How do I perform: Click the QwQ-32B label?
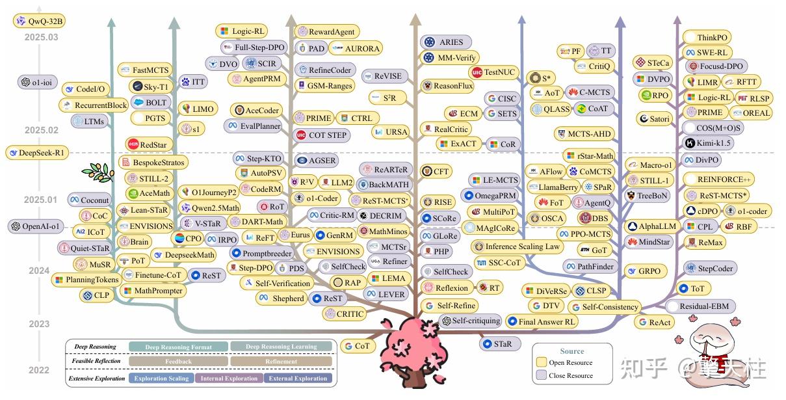tap(40, 21)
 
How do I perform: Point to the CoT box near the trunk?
tap(357, 346)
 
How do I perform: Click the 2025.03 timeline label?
tap(41, 37)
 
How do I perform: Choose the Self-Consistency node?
tap(604, 307)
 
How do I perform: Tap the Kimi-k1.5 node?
tap(713, 143)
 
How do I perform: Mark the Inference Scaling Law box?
tap(517, 247)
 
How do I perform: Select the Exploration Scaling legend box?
tap(161, 378)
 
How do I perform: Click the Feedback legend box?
tap(178, 362)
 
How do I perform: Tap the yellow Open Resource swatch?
tap(541, 362)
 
